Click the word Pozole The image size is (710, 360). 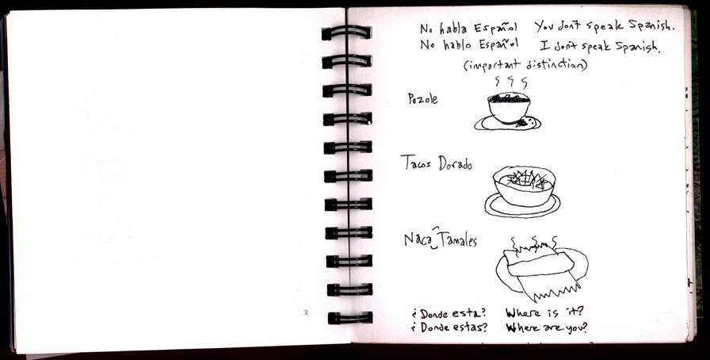coord(422,99)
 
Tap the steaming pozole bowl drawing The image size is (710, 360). coord(508,107)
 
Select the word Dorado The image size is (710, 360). coord(455,163)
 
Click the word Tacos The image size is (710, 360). coord(416,163)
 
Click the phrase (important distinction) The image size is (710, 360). coord(525,65)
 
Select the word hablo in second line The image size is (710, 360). coord(456,45)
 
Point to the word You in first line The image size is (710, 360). coord(544,27)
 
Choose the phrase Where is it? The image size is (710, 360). coord(544,312)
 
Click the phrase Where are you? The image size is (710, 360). coord(546,327)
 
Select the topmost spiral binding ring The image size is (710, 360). coord(346,33)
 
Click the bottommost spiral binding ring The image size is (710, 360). coord(350,317)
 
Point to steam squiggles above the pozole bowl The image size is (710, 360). coord(511,82)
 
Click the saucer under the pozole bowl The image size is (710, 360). coord(508,123)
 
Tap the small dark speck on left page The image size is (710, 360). coord(306,312)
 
